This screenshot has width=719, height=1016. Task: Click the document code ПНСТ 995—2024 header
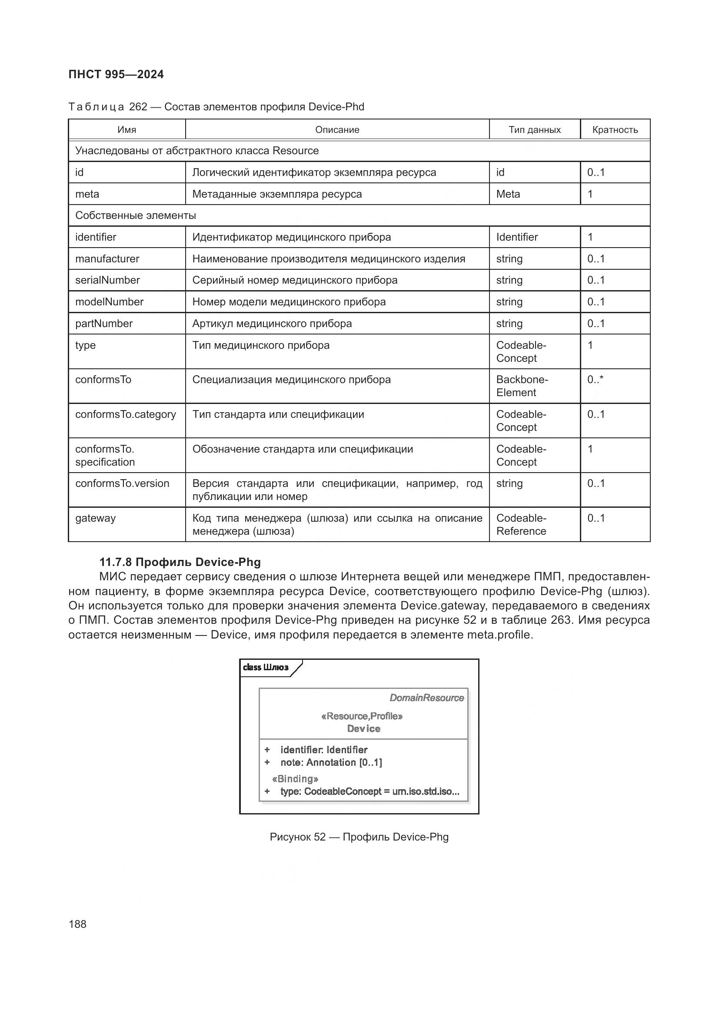[x=116, y=74]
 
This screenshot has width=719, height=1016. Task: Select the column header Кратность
[x=615, y=129]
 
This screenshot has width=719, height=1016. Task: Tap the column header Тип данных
[x=534, y=129]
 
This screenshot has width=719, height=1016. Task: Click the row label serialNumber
[x=107, y=280]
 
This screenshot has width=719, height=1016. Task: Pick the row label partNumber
[x=103, y=324]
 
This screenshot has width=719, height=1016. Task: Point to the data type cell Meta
[x=508, y=194]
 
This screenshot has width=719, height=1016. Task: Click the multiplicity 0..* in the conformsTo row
[x=595, y=380]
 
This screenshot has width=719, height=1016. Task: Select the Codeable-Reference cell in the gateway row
[x=521, y=524]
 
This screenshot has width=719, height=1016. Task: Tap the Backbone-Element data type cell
[x=522, y=386]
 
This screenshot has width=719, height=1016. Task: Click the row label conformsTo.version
[x=122, y=483]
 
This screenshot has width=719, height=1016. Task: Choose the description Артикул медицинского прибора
[x=272, y=324]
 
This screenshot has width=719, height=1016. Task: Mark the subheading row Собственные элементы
[x=136, y=215]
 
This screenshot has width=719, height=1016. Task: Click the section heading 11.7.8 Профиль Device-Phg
[x=180, y=562]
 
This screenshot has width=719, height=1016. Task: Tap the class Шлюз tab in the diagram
[x=266, y=667]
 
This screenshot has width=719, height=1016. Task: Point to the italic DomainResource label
[x=426, y=698]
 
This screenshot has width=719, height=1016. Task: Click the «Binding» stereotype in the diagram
[x=295, y=779]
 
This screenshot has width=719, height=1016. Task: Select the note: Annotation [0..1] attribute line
[x=331, y=762]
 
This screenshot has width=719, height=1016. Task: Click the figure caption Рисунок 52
[x=359, y=837]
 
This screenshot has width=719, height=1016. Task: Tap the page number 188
[x=77, y=924]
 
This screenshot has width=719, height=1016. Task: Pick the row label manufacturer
[x=107, y=259]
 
